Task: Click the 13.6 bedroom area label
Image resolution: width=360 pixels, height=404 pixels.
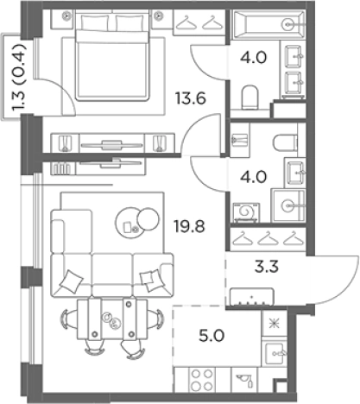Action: [x=191, y=98]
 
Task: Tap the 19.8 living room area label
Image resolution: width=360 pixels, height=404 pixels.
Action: [x=189, y=226]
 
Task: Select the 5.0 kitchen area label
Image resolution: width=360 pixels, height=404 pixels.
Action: [x=212, y=336]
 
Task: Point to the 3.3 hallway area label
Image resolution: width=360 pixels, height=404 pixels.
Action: [x=267, y=267]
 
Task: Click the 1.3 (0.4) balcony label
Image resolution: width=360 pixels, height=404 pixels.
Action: [x=19, y=78]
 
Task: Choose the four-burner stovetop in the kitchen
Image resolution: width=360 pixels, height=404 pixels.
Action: [x=202, y=380]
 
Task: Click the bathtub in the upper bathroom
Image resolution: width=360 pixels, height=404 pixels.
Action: [x=268, y=24]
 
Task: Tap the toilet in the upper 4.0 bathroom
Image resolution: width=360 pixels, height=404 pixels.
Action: [x=249, y=97]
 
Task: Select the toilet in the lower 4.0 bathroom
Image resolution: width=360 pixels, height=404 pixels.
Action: [x=285, y=143]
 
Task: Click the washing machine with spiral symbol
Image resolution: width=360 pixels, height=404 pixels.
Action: [x=246, y=212]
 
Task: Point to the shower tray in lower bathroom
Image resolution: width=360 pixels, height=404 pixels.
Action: [x=288, y=205]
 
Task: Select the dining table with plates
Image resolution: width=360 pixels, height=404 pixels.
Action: [x=112, y=319]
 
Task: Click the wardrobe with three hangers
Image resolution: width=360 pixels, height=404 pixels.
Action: [x=268, y=239]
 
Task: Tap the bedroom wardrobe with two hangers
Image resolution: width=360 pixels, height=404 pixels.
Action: [x=199, y=22]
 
